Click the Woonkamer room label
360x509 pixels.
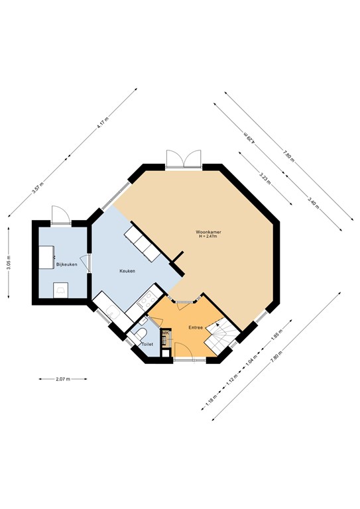click(x=208, y=231)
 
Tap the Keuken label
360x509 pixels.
click(x=127, y=271)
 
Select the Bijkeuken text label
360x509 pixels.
click(x=68, y=265)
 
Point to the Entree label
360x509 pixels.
click(x=196, y=327)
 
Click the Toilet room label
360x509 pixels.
click(x=147, y=345)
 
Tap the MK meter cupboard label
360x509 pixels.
click(x=165, y=333)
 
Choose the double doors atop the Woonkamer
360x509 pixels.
click(x=182, y=159)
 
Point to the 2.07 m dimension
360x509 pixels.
click(x=63, y=379)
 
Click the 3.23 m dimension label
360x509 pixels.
click(x=263, y=177)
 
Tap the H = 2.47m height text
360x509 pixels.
click(x=208, y=237)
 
